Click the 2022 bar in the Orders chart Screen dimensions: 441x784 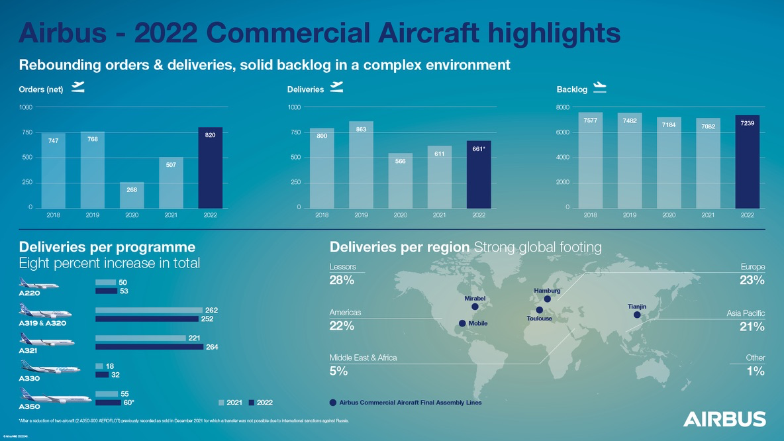point(210,168)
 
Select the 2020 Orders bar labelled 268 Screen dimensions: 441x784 point(132,195)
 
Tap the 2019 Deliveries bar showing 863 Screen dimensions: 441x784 point(361,164)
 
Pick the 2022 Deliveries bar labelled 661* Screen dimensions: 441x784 point(479,174)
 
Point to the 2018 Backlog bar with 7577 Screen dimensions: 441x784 point(590,160)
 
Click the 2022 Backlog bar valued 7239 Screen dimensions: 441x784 point(747,162)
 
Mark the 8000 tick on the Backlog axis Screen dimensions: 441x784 point(562,107)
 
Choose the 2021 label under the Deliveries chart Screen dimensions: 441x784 point(439,215)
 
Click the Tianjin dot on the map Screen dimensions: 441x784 point(637,315)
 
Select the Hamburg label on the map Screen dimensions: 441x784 point(547,291)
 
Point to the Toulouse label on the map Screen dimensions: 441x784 point(539,318)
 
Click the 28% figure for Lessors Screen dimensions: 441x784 point(342,280)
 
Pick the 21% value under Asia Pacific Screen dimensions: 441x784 point(752,326)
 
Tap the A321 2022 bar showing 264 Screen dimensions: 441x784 point(149,346)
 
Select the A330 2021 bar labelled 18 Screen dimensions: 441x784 point(99,366)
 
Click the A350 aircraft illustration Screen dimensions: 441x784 point(56,397)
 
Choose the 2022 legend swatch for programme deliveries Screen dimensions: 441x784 point(252,403)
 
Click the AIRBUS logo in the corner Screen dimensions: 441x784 point(724,419)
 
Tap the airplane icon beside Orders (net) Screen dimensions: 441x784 point(77,88)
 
